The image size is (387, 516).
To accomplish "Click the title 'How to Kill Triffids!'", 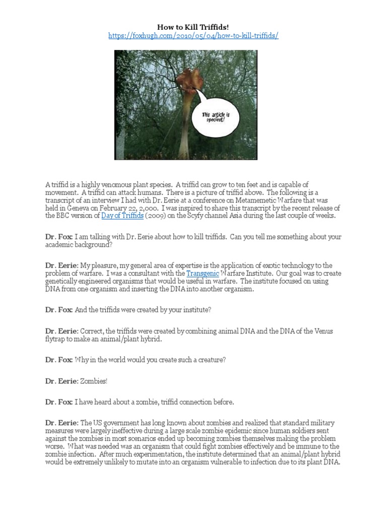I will point(193,27).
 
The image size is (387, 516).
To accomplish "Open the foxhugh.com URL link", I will point(193,37).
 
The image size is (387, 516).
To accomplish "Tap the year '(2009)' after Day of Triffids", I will point(159,216).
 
